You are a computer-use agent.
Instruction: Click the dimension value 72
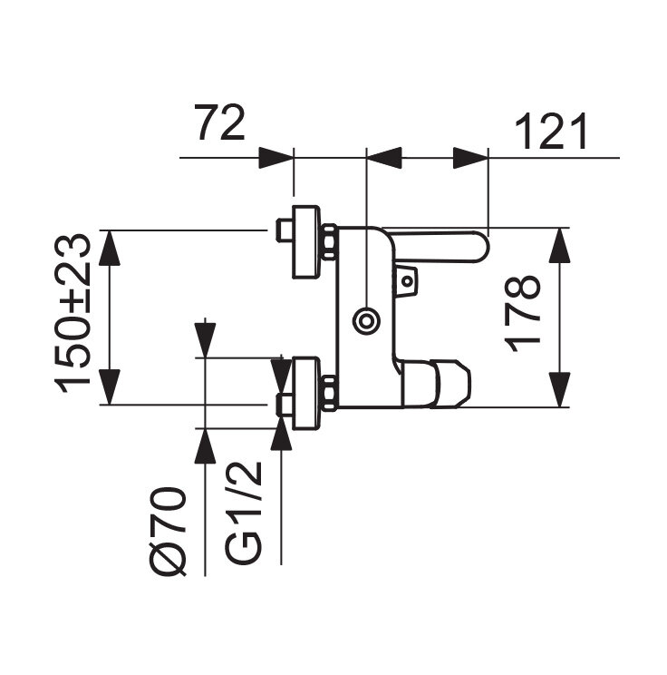(x=220, y=124)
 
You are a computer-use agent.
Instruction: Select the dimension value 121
(x=552, y=132)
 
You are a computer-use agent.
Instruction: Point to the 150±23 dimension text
(x=74, y=312)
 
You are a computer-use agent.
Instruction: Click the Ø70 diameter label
(x=169, y=532)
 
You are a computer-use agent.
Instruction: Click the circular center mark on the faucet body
(x=366, y=319)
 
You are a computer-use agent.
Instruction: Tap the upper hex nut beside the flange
(x=330, y=244)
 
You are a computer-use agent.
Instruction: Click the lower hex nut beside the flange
(x=330, y=391)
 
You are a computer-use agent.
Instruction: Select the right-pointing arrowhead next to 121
(x=471, y=158)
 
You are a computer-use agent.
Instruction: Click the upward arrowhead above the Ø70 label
(x=207, y=445)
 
